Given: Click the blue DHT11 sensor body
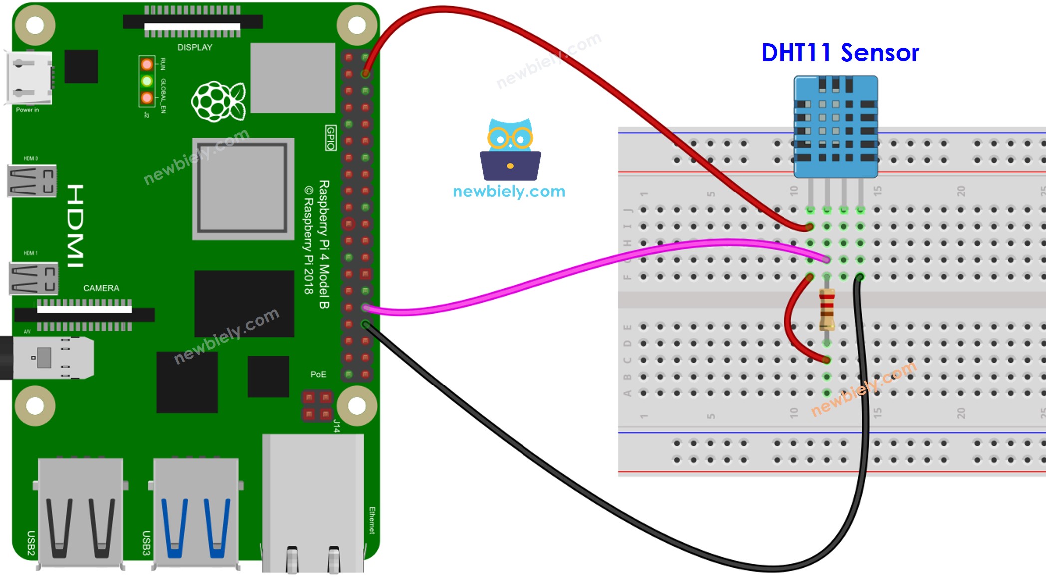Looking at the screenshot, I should pyautogui.click(x=836, y=127).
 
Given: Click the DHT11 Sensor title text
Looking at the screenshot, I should pyautogui.click(x=839, y=53).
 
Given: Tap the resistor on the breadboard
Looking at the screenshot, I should pyautogui.click(x=827, y=310).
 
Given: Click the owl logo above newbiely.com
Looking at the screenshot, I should pyautogui.click(x=510, y=150).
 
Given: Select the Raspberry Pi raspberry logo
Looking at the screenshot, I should pyautogui.click(x=218, y=102).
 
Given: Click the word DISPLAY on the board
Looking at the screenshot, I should pyautogui.click(x=195, y=47).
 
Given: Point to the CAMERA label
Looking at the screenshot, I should pyautogui.click(x=101, y=288).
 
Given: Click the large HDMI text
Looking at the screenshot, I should pyautogui.click(x=76, y=225).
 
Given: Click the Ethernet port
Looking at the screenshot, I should pyautogui.click(x=313, y=504).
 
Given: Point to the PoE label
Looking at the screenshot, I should pyautogui.click(x=318, y=374).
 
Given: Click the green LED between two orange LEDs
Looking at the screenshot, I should pyautogui.click(x=147, y=81).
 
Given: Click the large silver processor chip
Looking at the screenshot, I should pyautogui.click(x=243, y=189).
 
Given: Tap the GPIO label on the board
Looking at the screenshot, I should pyautogui.click(x=330, y=138).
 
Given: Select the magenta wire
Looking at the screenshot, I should pyautogui.click(x=549, y=274).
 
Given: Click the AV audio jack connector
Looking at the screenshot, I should pyautogui.click(x=50, y=358).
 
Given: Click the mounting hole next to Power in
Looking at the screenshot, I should pyautogui.click(x=35, y=25).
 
